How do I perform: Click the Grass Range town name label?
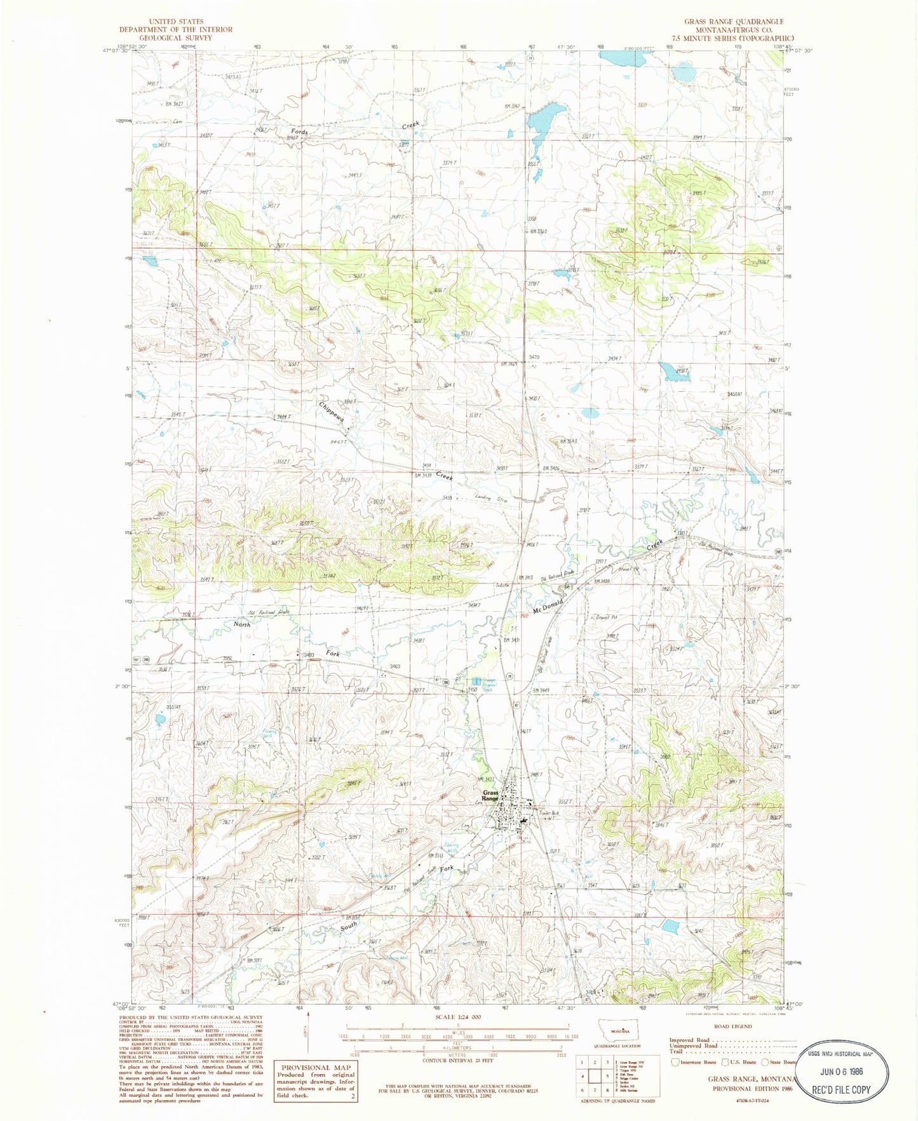[490, 795]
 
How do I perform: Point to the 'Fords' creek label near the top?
[300, 132]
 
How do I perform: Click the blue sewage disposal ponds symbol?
[476, 681]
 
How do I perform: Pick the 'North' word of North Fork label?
[241, 624]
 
